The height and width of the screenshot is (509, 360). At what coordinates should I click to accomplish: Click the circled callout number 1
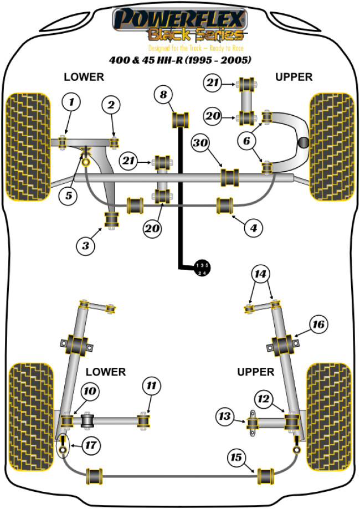[71, 102]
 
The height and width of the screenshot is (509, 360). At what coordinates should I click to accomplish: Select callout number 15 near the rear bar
[236, 457]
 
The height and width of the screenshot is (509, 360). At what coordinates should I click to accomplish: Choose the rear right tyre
[329, 406]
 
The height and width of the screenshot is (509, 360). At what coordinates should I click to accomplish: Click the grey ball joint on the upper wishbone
[304, 142]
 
